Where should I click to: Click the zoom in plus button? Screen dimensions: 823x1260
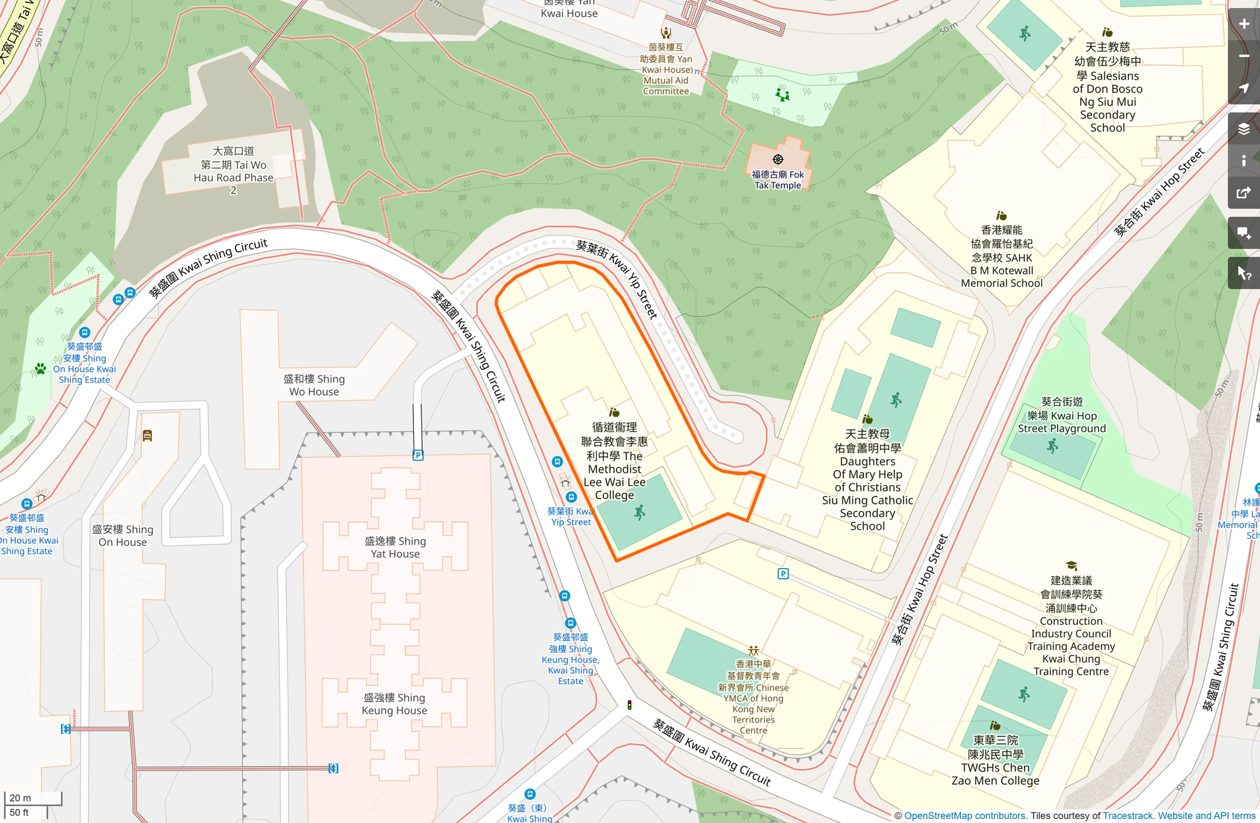click(x=1244, y=24)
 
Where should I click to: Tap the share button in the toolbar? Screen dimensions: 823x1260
click(x=1244, y=193)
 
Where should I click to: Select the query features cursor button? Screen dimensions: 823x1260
click(x=1244, y=273)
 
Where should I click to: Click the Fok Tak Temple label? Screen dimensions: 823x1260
click(x=778, y=179)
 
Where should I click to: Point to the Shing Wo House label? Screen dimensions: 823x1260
click(x=314, y=385)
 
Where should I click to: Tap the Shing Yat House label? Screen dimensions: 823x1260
click(x=395, y=547)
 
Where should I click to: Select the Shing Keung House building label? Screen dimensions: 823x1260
click(x=394, y=703)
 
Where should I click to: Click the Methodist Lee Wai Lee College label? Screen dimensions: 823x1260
click(x=614, y=462)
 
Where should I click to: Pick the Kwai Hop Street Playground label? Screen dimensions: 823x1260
click(x=1061, y=415)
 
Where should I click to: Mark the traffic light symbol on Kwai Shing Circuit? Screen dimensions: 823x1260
click(x=629, y=705)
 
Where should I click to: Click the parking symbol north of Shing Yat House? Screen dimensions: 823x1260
click(x=418, y=455)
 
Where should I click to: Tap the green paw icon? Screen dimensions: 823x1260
click(x=40, y=369)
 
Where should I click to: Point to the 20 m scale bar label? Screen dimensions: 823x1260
click(x=20, y=798)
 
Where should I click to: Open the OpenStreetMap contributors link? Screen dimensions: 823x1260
click(x=964, y=816)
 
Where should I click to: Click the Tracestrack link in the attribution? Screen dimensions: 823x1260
click(x=1128, y=816)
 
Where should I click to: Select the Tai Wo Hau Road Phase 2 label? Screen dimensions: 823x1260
click(x=233, y=171)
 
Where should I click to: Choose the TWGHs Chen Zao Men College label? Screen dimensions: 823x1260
click(x=995, y=760)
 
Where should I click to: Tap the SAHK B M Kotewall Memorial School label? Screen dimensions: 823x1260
click(x=1001, y=257)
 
